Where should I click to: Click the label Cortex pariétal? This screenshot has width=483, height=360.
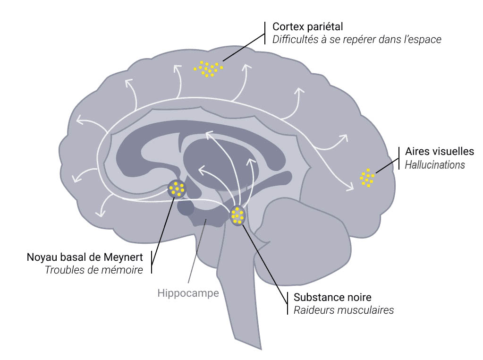[307, 26]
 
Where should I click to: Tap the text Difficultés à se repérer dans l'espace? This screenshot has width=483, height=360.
[356, 40]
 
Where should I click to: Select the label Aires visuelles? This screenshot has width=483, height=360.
[439, 152]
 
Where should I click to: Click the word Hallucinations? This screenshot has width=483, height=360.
[435, 164]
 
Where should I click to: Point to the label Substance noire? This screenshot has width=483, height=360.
[332, 297]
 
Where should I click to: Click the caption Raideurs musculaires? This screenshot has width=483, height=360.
[343, 310]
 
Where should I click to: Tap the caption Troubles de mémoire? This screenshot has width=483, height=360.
[93, 270]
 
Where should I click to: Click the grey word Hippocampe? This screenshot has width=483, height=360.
[188, 293]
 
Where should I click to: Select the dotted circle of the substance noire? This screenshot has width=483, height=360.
[237, 215]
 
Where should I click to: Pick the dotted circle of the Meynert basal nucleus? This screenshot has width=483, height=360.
[177, 189]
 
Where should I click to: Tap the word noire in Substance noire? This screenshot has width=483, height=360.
[358, 297]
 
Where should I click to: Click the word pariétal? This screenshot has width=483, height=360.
[326, 26]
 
